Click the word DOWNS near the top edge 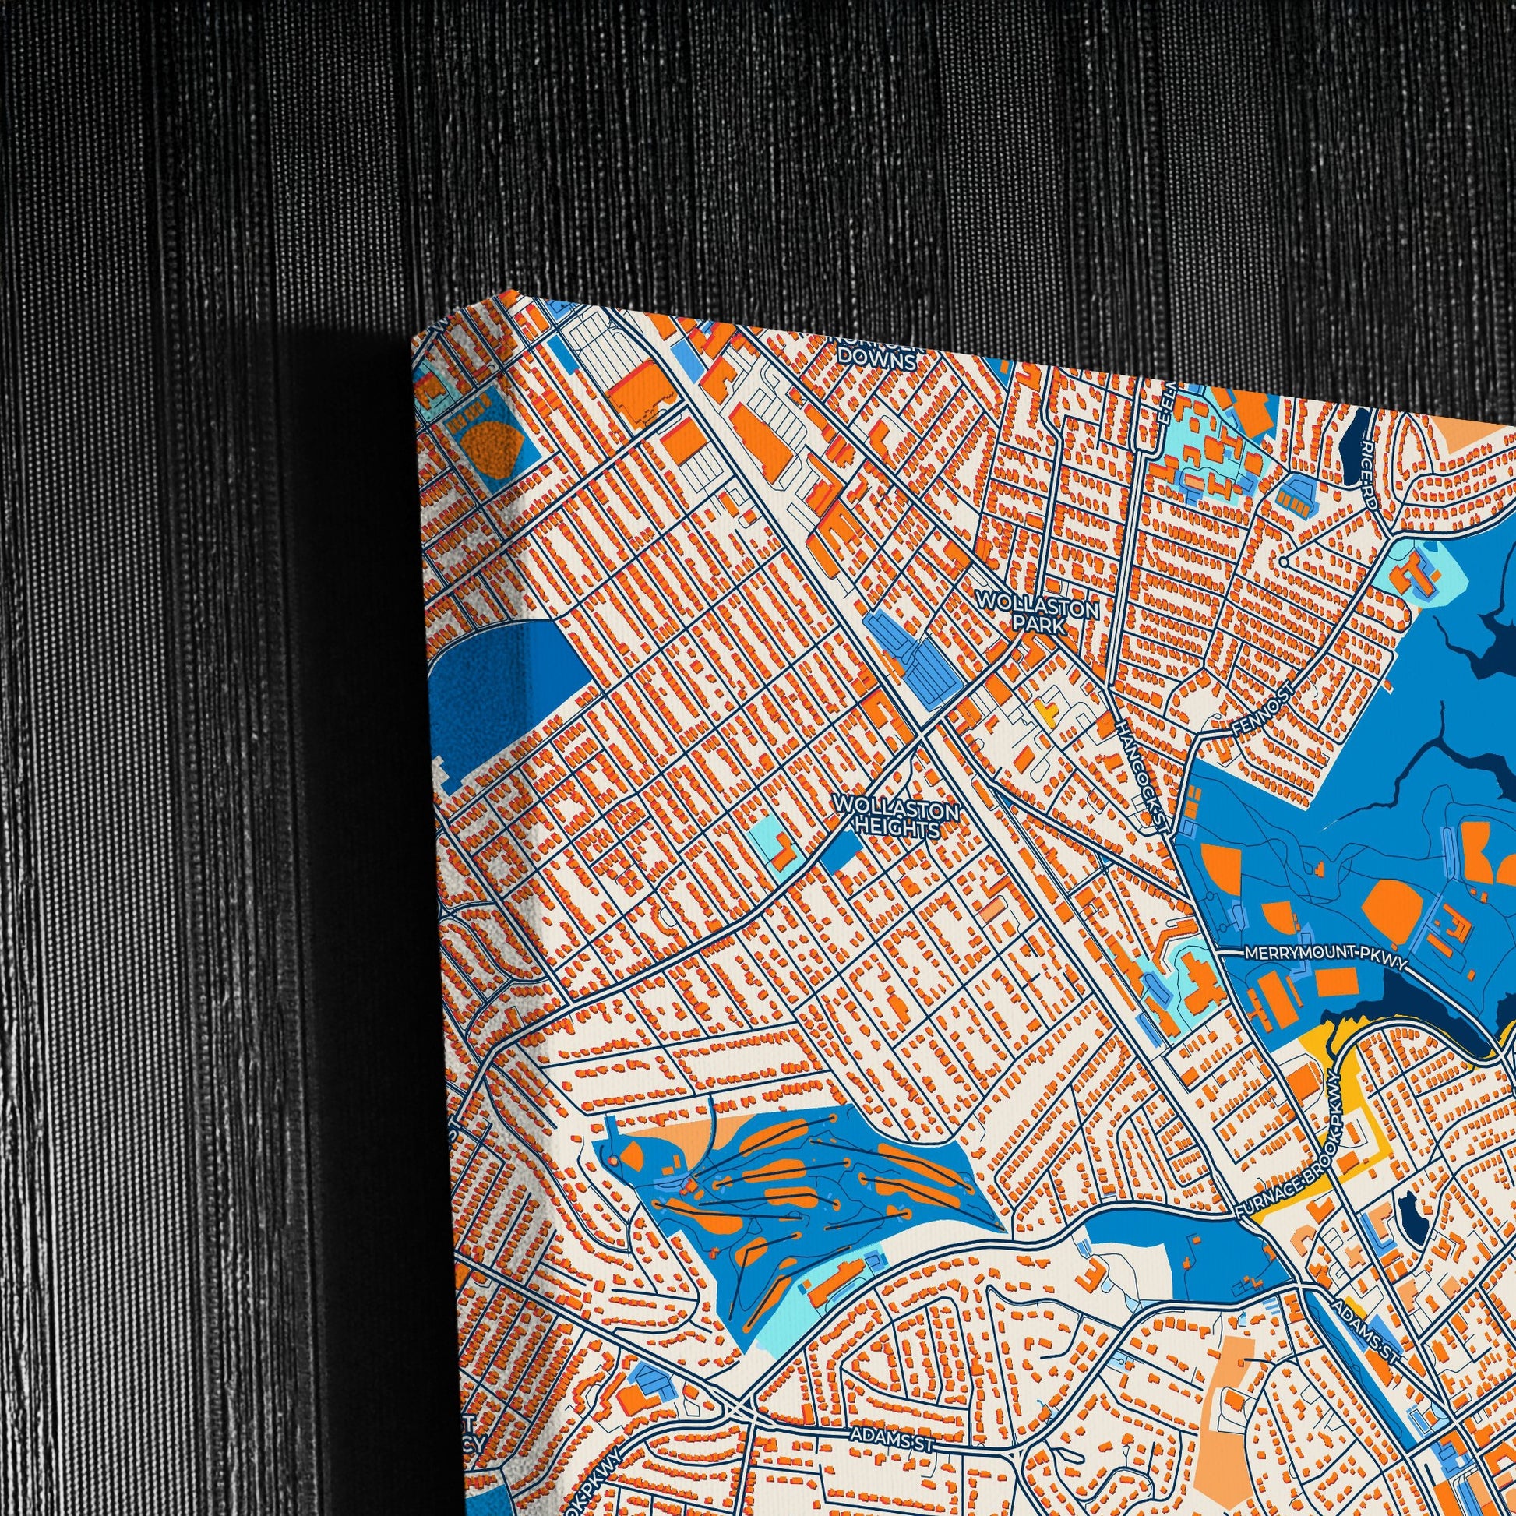click(876, 361)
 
